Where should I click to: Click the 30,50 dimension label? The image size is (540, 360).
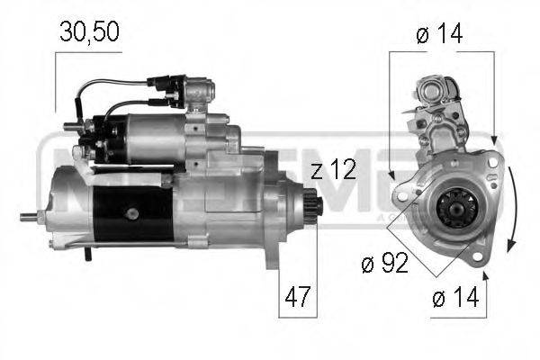click(x=89, y=32)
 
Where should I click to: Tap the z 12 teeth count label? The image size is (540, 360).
click(x=334, y=171)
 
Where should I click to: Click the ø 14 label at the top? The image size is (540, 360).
click(x=440, y=33)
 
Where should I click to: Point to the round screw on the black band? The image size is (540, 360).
click(x=132, y=212)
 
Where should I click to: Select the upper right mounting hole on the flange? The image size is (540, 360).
click(x=490, y=162)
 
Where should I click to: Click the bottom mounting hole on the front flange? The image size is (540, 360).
click(x=475, y=260)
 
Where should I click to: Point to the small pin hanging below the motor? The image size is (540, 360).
click(x=89, y=255)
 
